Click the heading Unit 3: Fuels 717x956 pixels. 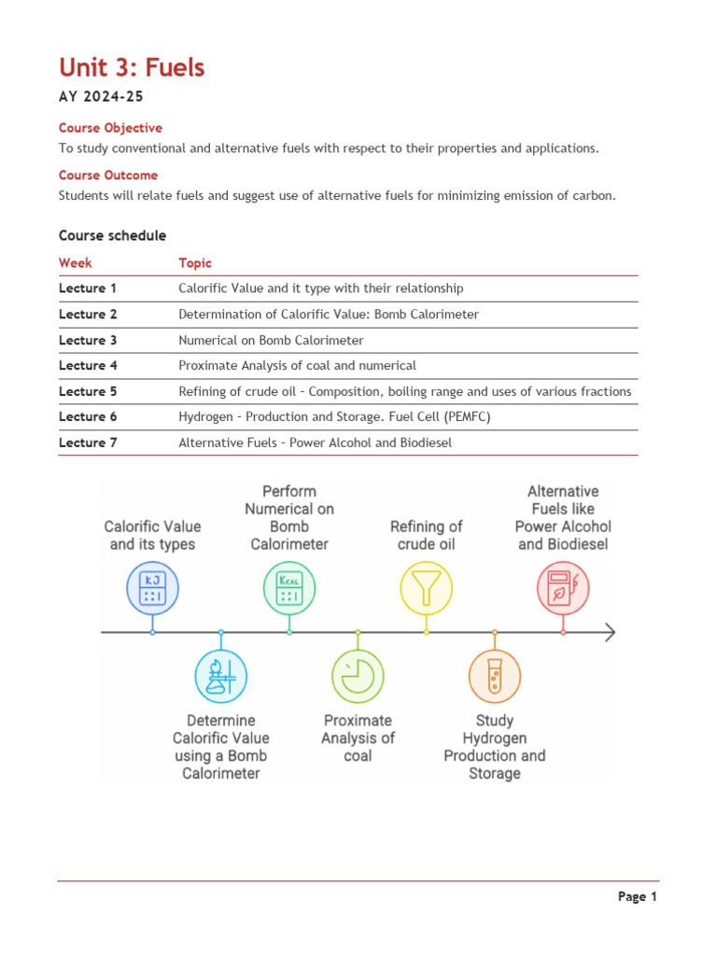click(132, 68)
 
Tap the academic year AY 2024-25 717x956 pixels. click(102, 97)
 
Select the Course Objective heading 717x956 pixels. click(110, 128)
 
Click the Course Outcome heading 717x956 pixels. click(108, 176)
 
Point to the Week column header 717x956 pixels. click(76, 263)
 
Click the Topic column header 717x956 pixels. click(195, 263)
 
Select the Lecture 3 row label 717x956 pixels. click(88, 341)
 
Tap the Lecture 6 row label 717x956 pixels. click(88, 417)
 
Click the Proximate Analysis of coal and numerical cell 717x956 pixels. click(297, 366)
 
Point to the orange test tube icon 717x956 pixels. click(494, 676)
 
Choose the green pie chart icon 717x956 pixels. click(358, 676)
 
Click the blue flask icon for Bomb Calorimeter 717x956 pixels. click(221, 676)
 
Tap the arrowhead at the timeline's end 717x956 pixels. click(610, 633)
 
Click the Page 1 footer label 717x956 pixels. click(638, 897)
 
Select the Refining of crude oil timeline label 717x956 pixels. click(426, 535)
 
